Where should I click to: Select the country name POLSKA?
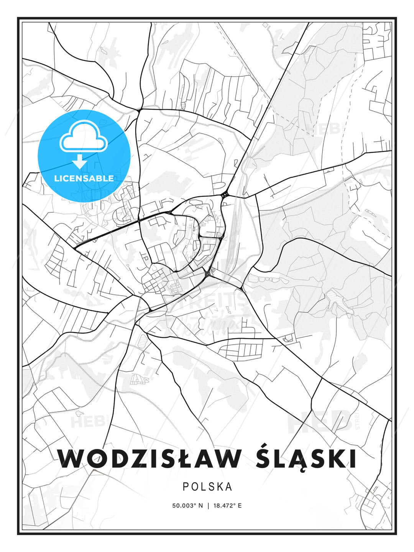tap(207, 486)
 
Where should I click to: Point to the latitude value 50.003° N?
tap(187, 506)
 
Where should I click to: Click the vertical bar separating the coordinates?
tap(207, 506)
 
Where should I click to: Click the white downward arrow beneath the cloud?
tap(80, 162)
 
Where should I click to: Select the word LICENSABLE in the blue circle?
tap(84, 178)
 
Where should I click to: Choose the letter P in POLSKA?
tap(186, 486)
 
